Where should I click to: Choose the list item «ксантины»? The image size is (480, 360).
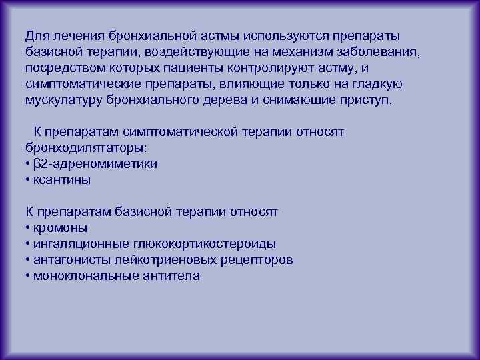62,179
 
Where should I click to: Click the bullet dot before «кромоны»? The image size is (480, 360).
27,228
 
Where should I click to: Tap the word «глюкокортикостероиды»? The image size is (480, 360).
198,244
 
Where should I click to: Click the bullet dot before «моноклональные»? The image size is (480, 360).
27,276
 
